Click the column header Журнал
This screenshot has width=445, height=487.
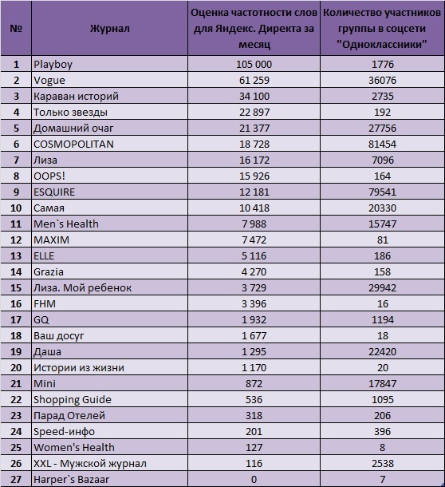[109, 29]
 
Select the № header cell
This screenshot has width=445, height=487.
[16, 29]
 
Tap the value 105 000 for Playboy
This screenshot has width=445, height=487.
[254, 65]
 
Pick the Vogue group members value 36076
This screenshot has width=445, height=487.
[382, 80]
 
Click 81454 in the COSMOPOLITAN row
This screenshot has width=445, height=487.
[382, 145]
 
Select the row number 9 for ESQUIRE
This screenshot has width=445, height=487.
[16, 192]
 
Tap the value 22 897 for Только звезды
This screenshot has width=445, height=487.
[254, 112]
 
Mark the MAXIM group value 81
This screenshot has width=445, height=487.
[382, 240]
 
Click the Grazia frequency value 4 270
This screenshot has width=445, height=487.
[254, 271]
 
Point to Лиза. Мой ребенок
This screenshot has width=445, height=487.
[82, 288]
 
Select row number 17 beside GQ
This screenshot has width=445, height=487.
[16, 319]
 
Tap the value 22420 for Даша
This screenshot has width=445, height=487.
[382, 351]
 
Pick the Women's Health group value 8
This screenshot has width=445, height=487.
[382, 448]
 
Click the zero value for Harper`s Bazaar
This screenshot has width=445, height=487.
[254, 479]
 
